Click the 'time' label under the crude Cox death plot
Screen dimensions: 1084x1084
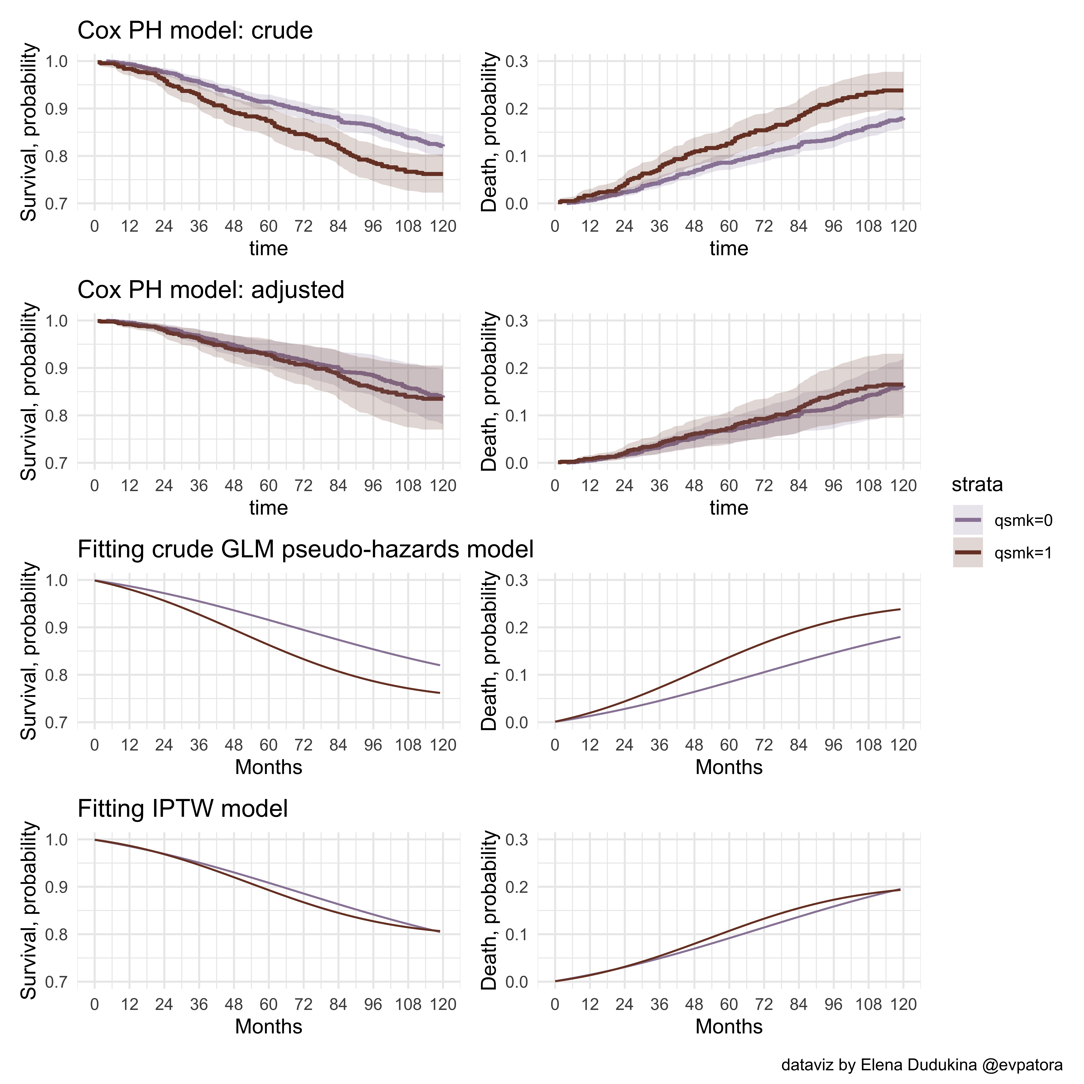click(x=729, y=249)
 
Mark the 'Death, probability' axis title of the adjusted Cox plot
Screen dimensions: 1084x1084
click(x=489, y=392)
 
